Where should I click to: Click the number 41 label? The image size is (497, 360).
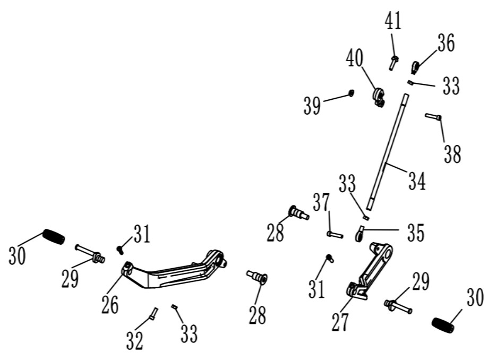pos(393,22)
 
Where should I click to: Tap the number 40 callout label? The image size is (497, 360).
pos(355,58)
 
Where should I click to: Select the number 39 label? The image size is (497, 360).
pos(312,106)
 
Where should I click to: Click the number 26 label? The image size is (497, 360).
pos(110,305)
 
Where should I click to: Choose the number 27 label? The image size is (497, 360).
pos(340,322)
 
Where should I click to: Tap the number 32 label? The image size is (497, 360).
pos(135,340)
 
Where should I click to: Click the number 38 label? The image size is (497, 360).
pos(452,154)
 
